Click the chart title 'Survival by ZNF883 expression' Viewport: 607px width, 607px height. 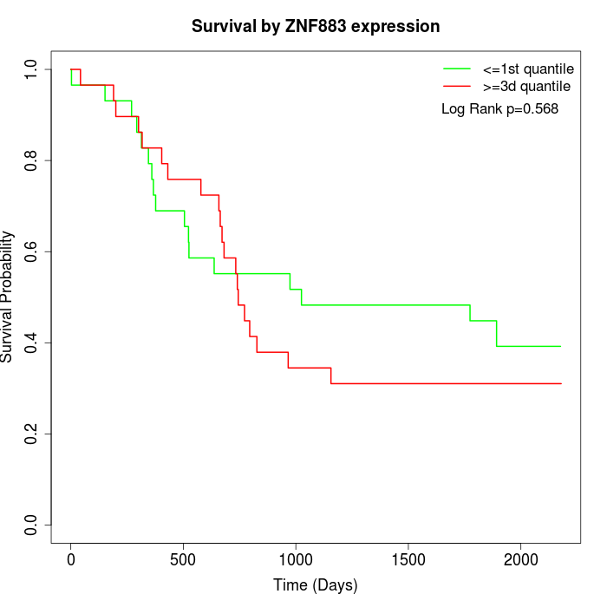pos(316,26)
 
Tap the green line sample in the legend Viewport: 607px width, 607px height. pos(457,69)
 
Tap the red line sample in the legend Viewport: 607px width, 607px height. pos(457,86)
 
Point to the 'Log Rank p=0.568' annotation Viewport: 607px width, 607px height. pos(499,109)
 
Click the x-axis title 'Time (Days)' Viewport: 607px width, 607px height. pos(316,585)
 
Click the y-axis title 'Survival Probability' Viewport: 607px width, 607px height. pos(8,297)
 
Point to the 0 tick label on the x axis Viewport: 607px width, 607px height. pos(71,558)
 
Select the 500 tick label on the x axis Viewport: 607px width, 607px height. pos(183,558)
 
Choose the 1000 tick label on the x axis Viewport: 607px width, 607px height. pos(296,558)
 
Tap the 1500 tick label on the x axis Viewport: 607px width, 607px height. pos(408,558)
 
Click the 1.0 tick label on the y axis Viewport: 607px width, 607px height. pos(32,69)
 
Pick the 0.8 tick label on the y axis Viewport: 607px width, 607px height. pos(32,160)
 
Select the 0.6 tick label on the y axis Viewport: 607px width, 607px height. pos(32,251)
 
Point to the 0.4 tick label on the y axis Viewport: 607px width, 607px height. pos(32,343)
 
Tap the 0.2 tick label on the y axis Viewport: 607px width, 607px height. pos(32,434)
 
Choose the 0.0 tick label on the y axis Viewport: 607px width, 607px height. pos(32,525)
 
